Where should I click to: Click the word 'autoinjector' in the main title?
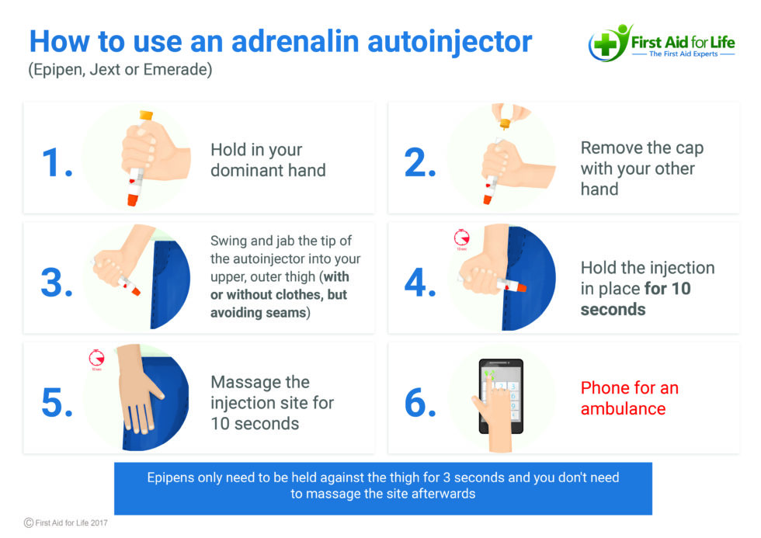pos(450,42)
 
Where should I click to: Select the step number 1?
pos(57,162)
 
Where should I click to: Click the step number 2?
pos(420,162)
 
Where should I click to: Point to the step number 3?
pos(57,283)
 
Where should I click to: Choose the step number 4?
pos(420,283)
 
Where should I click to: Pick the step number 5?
pos(57,403)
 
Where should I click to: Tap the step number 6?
pos(420,403)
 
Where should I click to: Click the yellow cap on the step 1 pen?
pos(146,116)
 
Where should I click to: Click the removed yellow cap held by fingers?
pos(506,123)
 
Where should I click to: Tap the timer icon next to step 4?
pos(461,238)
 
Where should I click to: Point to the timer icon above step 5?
pos(96,358)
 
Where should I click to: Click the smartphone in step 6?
pos(501,396)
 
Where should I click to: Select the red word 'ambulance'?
pos(623,409)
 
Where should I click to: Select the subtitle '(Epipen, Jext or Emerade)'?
pos(120,70)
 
